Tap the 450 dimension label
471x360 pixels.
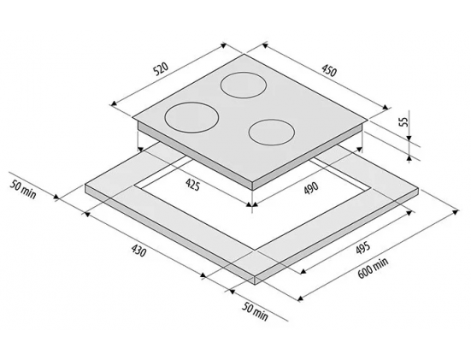point(329,71)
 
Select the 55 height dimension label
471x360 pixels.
point(405,122)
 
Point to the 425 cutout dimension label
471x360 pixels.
point(192,184)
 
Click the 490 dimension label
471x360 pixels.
point(310,189)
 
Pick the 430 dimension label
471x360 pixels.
point(138,251)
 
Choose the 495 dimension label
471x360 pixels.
point(362,248)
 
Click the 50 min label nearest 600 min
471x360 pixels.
point(255,311)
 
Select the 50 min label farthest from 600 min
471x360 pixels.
point(23,189)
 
